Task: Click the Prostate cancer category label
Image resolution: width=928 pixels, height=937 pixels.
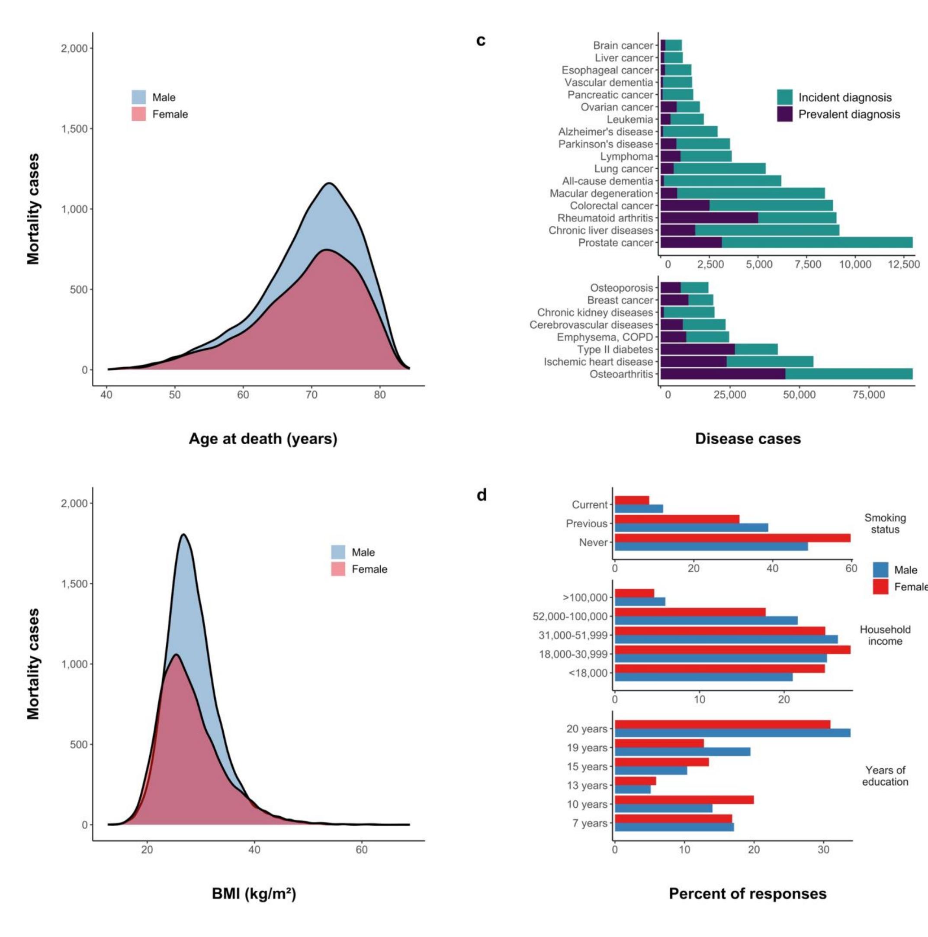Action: (x=615, y=243)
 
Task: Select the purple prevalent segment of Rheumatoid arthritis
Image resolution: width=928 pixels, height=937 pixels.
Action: (x=709, y=218)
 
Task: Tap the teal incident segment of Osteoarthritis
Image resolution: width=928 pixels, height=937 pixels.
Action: (x=848, y=374)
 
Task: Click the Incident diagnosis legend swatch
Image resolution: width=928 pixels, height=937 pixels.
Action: (x=784, y=97)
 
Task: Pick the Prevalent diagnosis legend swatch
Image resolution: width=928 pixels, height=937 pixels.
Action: (x=784, y=114)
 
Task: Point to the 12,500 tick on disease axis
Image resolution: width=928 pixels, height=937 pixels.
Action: (x=903, y=264)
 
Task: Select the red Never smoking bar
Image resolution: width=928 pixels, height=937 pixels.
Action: (x=732, y=538)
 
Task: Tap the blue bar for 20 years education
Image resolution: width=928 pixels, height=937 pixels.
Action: (x=732, y=733)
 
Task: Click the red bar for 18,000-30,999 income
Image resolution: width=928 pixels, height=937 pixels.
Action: (x=732, y=650)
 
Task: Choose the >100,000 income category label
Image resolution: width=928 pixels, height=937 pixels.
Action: (x=584, y=597)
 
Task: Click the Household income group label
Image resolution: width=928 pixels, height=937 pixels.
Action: (x=885, y=635)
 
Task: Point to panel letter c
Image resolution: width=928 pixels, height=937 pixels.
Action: (x=481, y=40)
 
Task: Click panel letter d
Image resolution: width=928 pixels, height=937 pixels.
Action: (x=481, y=495)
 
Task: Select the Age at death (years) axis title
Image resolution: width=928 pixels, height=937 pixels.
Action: (x=263, y=438)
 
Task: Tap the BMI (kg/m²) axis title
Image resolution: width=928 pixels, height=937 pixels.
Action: (x=254, y=893)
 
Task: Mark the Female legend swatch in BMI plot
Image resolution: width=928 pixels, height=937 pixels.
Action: (x=338, y=569)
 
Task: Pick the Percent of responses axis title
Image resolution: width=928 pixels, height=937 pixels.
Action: (x=748, y=893)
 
